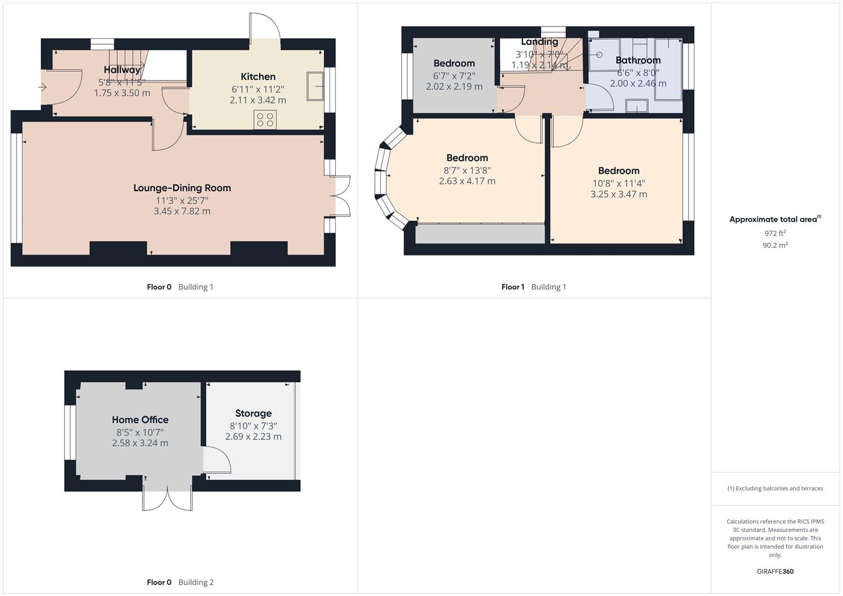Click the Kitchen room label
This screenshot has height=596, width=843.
coord(258,77)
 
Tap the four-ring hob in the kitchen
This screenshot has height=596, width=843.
coord(265,120)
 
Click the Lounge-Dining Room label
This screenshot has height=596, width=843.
coord(182,188)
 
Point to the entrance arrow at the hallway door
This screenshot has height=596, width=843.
coord(43,87)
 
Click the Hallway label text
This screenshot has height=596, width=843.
coord(122,70)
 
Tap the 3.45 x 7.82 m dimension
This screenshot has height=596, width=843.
coord(182,211)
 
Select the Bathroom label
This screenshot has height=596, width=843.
coord(638,60)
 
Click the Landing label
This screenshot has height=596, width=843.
coord(539,42)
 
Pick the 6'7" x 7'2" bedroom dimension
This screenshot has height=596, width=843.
coord(454,75)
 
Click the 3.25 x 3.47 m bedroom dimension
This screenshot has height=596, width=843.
coord(618,194)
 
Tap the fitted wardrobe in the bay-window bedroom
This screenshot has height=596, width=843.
coord(480,233)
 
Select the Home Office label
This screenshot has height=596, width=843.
coord(140,420)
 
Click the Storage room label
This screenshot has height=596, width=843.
coord(253,413)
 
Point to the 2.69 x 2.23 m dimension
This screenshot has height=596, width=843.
coord(253,437)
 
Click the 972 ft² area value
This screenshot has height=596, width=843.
coord(775,233)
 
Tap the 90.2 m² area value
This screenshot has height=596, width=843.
coord(775,245)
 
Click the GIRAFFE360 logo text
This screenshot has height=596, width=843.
coord(775,571)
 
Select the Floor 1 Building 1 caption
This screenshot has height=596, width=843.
coord(533,287)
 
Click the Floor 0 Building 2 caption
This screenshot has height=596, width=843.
coord(180,582)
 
